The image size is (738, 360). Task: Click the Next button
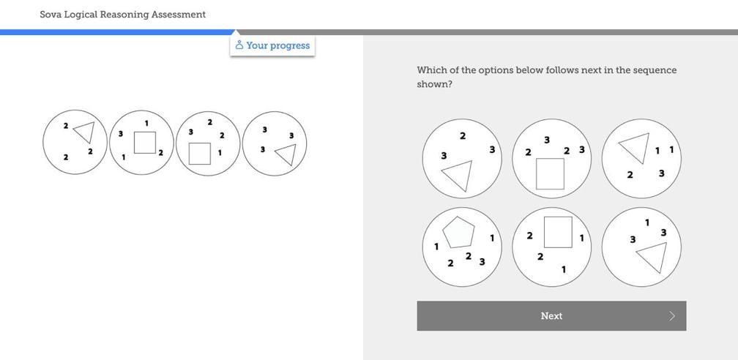[x=551, y=316]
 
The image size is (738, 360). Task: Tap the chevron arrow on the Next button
[x=672, y=316]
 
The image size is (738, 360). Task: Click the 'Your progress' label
[x=277, y=45]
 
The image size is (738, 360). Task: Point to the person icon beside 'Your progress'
[x=239, y=45]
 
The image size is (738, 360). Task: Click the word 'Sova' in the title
[x=51, y=14]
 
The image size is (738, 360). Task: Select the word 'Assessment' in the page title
[x=178, y=14]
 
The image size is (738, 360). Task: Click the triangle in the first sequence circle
[x=85, y=132]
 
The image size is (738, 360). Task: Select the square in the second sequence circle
[x=145, y=142]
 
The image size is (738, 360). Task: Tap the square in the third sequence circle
[x=199, y=154]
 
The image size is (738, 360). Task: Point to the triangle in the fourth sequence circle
[x=286, y=154]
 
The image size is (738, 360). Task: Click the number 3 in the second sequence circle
[x=121, y=134]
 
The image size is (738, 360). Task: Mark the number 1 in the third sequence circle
[x=220, y=153]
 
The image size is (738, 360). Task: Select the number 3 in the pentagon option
[x=482, y=261]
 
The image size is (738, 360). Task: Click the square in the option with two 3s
[x=550, y=173]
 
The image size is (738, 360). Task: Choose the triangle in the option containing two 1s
[x=635, y=147]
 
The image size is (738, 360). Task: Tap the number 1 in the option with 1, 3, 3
[x=646, y=222]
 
